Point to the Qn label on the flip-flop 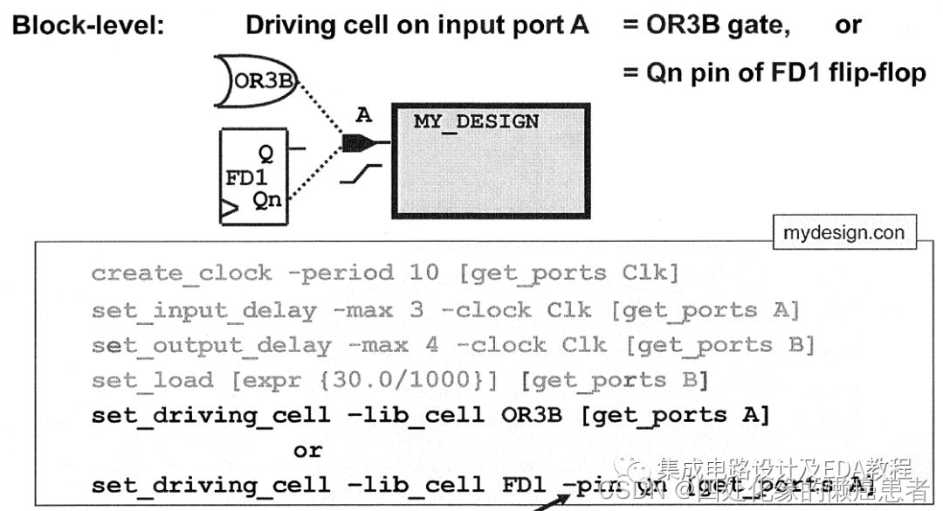point(267,199)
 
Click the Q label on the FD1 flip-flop point(265,154)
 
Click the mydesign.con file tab point(843,232)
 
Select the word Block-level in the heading point(87,25)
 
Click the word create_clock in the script point(181,273)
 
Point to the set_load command point(152,380)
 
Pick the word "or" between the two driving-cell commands point(307,451)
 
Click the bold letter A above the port point(364,114)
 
